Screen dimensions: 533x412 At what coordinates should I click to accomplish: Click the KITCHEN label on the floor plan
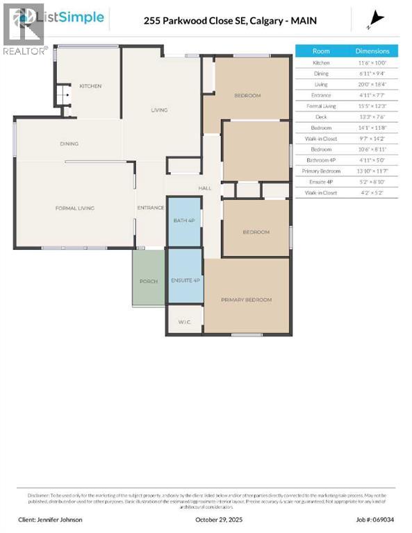point(90,86)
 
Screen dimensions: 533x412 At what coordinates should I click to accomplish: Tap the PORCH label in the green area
point(148,281)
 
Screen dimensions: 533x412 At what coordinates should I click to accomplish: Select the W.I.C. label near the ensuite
point(184,321)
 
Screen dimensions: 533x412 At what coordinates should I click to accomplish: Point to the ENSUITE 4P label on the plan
point(186,280)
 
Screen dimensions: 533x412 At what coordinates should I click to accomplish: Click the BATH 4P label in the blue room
point(185,221)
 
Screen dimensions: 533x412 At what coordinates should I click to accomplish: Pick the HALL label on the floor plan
point(205,188)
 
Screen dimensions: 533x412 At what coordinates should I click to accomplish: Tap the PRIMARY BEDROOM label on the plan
point(246,300)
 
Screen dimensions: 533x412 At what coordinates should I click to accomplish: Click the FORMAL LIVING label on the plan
point(75,208)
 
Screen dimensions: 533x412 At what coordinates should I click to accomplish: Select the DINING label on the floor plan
point(69,144)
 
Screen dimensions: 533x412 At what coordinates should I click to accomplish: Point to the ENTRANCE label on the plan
point(151,208)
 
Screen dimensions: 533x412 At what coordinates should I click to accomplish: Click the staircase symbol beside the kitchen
point(63,94)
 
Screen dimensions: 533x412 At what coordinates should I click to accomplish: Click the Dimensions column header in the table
point(372,51)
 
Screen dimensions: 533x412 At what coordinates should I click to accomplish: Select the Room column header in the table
point(321,51)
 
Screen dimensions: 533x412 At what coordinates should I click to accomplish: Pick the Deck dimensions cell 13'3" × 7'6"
point(372,117)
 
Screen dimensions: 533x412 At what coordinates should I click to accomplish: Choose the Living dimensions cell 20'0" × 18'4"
point(372,84)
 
